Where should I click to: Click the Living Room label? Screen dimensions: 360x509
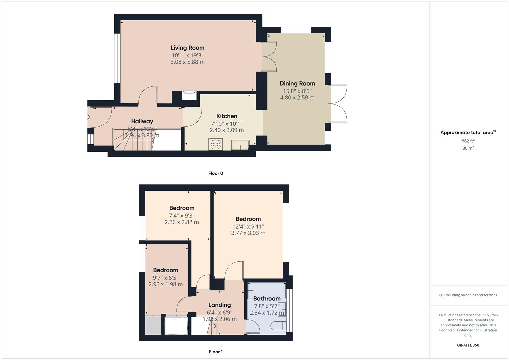click(x=187, y=48)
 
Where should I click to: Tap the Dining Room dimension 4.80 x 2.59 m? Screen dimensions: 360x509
click(x=297, y=98)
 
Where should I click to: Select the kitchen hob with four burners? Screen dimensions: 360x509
click(x=215, y=144)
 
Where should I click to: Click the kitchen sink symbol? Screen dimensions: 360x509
click(x=240, y=145)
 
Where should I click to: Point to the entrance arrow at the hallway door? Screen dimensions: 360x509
click(x=88, y=117)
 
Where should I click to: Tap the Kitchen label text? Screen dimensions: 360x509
click(x=227, y=116)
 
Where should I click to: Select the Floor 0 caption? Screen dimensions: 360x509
click(x=216, y=173)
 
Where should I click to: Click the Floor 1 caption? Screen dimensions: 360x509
click(x=216, y=352)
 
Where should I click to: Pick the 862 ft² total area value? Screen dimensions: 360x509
click(x=468, y=141)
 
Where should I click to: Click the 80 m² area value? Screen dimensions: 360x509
click(x=468, y=148)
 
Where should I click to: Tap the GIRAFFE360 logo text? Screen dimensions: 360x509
click(x=468, y=345)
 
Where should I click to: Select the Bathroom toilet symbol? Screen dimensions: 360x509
click(x=277, y=325)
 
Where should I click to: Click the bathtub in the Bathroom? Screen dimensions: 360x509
click(x=267, y=290)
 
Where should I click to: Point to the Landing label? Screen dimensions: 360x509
click(x=219, y=305)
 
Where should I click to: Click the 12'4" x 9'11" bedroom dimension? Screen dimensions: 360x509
click(x=248, y=226)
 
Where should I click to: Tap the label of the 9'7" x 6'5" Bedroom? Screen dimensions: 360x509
click(x=166, y=270)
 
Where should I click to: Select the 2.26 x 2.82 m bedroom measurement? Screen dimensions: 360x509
click(x=182, y=222)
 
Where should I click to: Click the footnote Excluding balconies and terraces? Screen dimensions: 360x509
click(x=468, y=295)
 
